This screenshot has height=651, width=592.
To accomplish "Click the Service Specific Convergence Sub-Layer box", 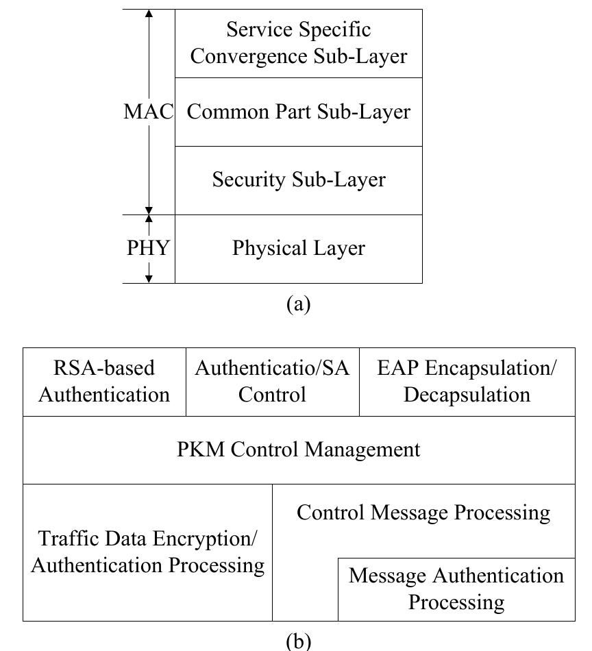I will click(x=299, y=43).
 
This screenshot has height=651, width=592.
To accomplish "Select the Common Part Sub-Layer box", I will click(x=299, y=112).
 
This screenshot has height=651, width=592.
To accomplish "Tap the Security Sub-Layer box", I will click(x=299, y=180).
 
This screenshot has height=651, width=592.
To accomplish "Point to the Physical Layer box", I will click(x=299, y=248).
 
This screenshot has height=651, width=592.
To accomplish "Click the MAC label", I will click(x=149, y=112).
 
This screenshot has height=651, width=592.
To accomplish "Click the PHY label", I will click(x=149, y=248).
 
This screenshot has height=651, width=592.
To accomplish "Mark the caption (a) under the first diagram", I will click(x=298, y=304).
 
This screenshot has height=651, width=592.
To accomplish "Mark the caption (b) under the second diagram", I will click(x=298, y=641).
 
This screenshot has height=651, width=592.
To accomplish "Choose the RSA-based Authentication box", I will click(x=104, y=382).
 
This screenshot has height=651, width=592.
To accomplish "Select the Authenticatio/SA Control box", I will click(x=272, y=382).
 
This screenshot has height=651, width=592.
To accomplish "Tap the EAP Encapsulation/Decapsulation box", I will click(x=467, y=382).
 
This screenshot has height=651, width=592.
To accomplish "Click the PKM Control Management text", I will click(x=299, y=450).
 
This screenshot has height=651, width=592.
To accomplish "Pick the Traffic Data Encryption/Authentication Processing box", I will click(x=147, y=552).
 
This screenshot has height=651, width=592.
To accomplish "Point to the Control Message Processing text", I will click(x=423, y=513).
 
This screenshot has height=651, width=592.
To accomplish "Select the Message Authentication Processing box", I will click(x=456, y=589).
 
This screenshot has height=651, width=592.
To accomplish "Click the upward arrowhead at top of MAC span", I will click(x=149, y=14).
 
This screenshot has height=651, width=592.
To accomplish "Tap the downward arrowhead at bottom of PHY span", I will click(x=149, y=278).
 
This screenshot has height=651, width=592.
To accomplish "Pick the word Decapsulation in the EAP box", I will click(x=467, y=395).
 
